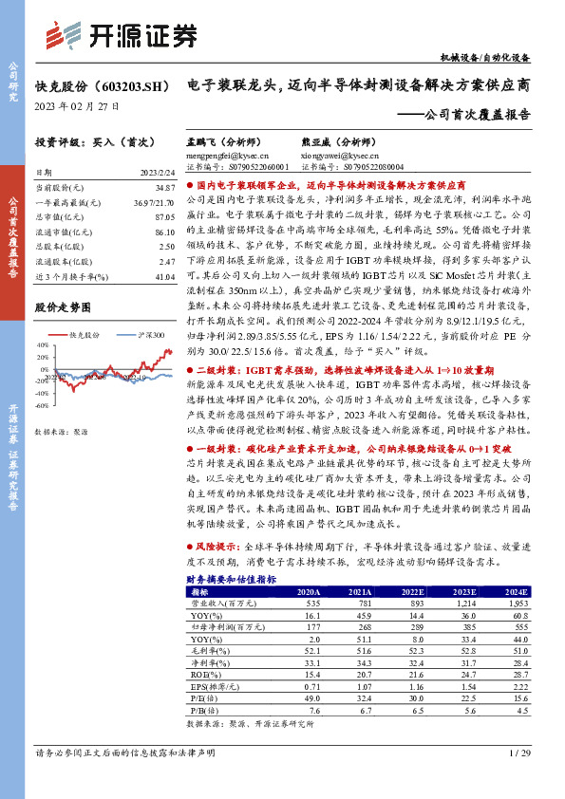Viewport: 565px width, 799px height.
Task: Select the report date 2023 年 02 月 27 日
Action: coord(77,107)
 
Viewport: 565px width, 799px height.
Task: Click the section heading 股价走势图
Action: coord(63,308)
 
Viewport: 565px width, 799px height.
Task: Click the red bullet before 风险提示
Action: coord(188,548)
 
